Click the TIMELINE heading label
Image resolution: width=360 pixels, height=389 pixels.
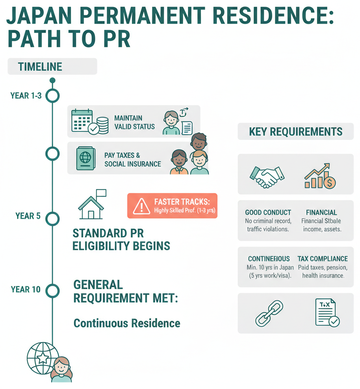pyautogui.click(x=40, y=67)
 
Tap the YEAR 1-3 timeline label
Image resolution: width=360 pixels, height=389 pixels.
pyautogui.click(x=26, y=95)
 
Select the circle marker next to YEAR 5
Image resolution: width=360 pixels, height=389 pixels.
pyautogui.click(x=52, y=218)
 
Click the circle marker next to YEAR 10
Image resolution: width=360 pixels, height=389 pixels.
pyautogui.click(x=52, y=291)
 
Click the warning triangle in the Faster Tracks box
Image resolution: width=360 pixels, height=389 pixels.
pyautogui.click(x=141, y=206)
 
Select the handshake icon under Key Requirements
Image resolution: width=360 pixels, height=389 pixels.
pyautogui.click(x=267, y=176)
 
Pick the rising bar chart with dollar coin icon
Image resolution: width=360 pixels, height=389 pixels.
pyautogui.click(x=319, y=176)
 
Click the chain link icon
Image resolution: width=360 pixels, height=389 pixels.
pyautogui.click(x=269, y=313)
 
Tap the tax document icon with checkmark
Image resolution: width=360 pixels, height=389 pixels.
pyautogui.click(x=327, y=313)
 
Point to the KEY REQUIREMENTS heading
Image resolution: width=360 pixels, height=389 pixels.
pyautogui.click(x=295, y=132)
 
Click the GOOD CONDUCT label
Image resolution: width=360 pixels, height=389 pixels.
pyautogui.click(x=268, y=212)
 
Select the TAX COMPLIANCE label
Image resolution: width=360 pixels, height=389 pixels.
pyautogui.click(x=322, y=259)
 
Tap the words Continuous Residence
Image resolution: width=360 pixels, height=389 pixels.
pyautogui.click(x=127, y=324)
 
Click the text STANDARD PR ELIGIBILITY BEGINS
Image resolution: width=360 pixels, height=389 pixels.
pyautogui.click(x=121, y=240)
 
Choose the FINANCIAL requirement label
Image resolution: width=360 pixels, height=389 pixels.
pyautogui.click(x=321, y=212)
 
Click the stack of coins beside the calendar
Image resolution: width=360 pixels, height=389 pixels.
pyautogui.click(x=102, y=125)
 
